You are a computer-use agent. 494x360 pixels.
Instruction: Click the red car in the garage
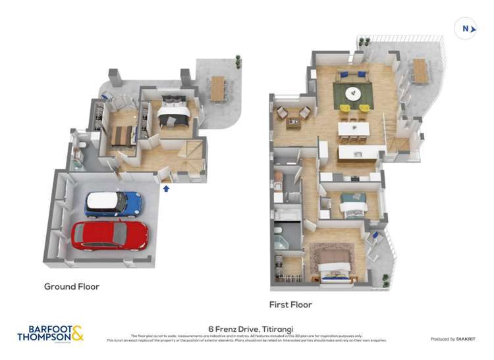109,235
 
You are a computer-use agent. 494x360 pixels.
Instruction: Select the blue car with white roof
113,204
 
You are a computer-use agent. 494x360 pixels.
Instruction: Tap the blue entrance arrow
166,189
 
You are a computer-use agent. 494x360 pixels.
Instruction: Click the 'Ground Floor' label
71,286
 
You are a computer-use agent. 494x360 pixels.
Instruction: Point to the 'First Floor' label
290,305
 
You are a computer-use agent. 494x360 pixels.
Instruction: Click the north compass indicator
466,28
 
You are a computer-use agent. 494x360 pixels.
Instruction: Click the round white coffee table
353,93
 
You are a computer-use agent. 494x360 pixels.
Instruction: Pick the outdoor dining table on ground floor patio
217,89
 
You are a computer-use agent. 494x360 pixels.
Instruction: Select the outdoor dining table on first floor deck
420,71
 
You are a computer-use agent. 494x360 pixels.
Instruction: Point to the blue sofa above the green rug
352,75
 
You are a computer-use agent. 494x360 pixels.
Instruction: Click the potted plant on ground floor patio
238,60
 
